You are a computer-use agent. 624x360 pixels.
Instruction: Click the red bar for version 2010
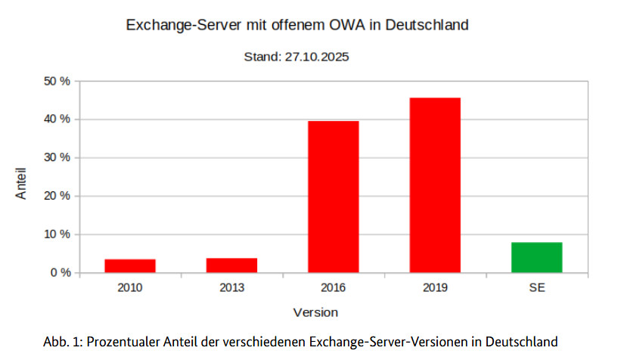(130, 265)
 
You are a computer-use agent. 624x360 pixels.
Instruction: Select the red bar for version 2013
(231, 265)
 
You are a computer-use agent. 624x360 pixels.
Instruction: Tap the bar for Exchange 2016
(334, 197)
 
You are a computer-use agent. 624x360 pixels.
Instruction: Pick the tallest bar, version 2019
(435, 185)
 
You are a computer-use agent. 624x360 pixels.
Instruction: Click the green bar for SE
(536, 257)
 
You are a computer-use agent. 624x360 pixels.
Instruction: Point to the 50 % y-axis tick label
(55, 81)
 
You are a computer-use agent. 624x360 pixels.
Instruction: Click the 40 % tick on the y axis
(55, 119)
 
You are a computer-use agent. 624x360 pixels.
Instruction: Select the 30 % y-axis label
(55, 157)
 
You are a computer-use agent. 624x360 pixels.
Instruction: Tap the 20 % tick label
(55, 196)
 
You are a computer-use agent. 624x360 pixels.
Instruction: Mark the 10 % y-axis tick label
(55, 234)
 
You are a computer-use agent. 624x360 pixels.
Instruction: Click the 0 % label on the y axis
(58, 272)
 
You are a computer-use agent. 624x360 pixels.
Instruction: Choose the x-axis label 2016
(334, 287)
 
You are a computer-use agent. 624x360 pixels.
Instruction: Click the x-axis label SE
(536, 287)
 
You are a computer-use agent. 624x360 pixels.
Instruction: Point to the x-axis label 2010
(130, 287)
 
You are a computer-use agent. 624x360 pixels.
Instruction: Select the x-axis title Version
(315, 312)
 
